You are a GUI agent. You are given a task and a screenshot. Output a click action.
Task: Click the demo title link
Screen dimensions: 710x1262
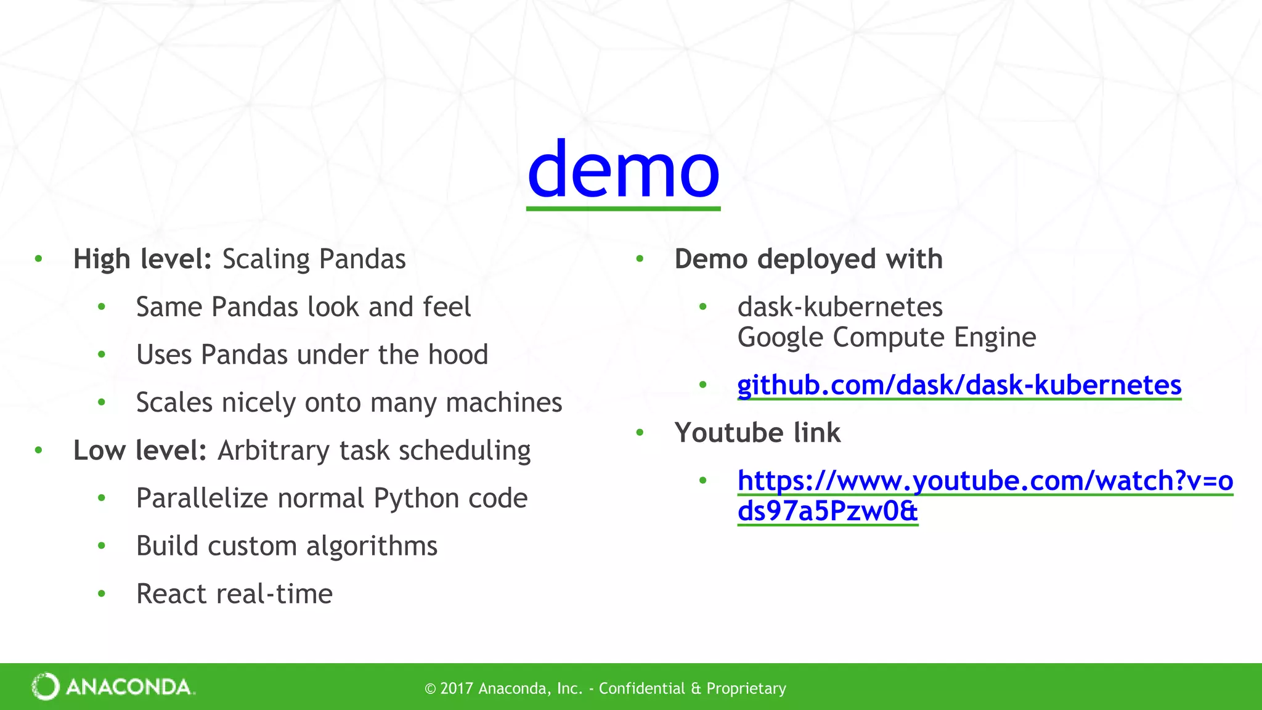[x=623, y=169]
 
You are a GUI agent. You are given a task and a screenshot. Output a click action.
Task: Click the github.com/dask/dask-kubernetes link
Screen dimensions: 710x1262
[x=959, y=385]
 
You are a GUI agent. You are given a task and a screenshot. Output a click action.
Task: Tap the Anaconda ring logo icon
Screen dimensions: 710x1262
[x=46, y=687]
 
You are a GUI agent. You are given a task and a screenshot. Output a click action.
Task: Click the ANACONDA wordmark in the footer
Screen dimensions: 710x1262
[x=129, y=687]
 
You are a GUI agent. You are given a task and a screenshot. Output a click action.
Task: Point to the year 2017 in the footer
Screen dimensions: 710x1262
[x=456, y=688]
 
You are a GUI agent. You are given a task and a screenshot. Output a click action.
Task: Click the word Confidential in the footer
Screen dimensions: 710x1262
[x=641, y=688]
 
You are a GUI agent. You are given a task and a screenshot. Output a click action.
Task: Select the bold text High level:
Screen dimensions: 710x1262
[x=142, y=259]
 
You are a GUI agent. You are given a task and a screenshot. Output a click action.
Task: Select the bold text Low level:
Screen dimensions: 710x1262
[x=140, y=451]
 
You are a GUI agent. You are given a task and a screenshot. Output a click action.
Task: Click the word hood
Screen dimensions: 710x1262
[x=458, y=355]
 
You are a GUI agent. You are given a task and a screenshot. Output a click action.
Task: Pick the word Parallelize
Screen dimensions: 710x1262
[x=203, y=498]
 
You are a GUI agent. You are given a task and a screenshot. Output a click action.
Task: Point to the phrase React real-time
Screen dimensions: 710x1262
[x=234, y=594]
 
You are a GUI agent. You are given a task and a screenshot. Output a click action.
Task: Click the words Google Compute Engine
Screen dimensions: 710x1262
[x=886, y=337]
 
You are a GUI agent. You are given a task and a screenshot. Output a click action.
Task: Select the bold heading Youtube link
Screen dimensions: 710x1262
[x=757, y=433]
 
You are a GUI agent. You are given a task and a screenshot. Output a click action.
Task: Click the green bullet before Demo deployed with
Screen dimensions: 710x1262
[x=640, y=259]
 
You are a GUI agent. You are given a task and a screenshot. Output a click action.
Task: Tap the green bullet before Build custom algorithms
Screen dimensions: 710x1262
[x=102, y=546]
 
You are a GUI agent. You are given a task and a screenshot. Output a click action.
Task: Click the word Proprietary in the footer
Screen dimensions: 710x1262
[x=746, y=688]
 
